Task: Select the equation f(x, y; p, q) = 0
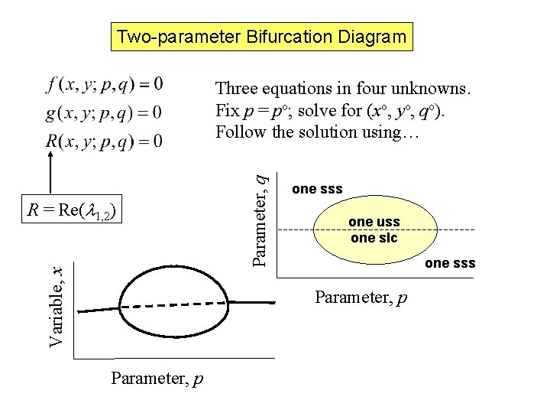click(104, 83)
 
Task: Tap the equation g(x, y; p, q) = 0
click(104, 112)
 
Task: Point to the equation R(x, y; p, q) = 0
click(104, 141)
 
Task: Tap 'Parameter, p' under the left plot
click(157, 378)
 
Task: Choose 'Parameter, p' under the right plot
click(361, 295)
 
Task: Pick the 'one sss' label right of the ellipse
click(450, 263)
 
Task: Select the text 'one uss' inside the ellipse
click(374, 223)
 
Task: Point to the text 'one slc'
click(374, 237)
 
